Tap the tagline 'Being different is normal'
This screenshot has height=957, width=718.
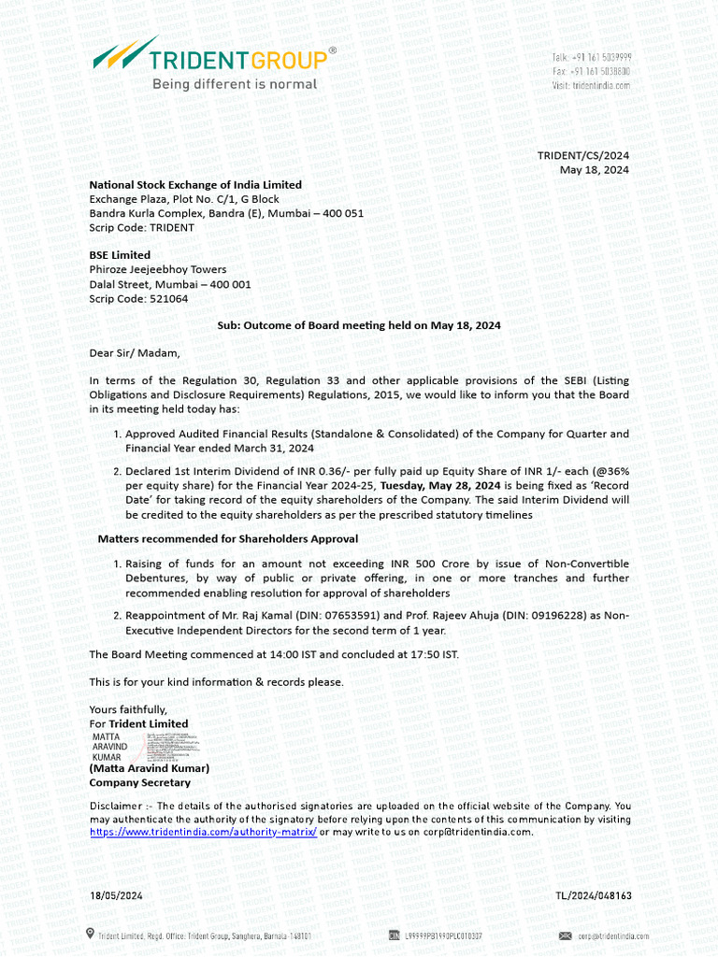(235, 84)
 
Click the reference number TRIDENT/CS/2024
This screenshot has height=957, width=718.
(582, 155)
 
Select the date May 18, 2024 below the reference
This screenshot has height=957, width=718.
(594, 169)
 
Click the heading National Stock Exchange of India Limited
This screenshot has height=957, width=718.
(195, 185)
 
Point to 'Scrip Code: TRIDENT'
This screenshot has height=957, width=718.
(142, 227)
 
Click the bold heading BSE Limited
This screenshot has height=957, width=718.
(120, 255)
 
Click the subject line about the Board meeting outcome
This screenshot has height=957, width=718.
(359, 325)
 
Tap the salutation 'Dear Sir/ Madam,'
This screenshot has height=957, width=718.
(134, 353)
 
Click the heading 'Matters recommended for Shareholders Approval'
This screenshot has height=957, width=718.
(228, 539)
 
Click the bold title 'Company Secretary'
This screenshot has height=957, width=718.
(139, 782)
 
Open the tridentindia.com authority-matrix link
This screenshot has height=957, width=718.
(203, 832)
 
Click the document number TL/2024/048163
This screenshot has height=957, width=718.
(593, 895)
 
